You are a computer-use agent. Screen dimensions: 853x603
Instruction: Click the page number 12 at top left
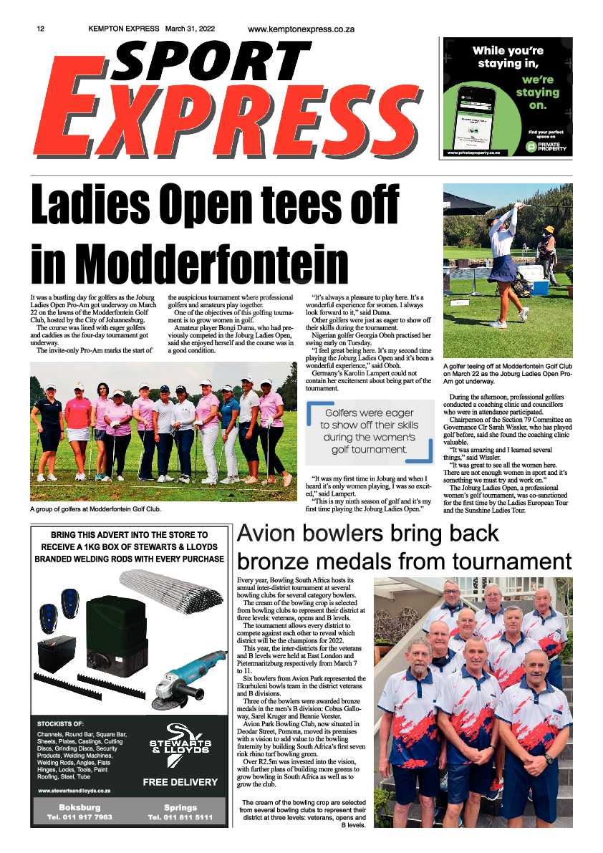point(41,29)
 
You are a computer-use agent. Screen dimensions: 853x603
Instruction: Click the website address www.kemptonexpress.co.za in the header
point(301,29)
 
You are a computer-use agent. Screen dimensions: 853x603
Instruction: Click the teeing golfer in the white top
point(503,244)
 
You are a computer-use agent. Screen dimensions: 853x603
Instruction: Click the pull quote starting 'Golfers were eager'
point(369,431)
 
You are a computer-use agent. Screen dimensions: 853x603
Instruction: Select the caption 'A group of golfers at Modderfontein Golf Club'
point(95,509)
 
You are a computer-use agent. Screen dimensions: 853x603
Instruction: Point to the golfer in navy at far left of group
point(48,430)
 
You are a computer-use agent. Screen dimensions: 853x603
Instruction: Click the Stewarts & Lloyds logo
point(180,745)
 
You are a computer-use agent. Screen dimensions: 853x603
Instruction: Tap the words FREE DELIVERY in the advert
point(180,781)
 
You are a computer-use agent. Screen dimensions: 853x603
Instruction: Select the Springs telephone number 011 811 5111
point(180,816)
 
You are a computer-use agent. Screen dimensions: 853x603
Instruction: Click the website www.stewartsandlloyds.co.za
point(74,790)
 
